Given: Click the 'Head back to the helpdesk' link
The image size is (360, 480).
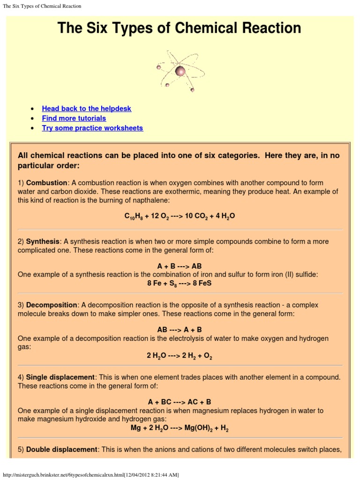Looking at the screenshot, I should (86, 108).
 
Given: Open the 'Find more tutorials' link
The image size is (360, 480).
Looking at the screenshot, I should (74, 118).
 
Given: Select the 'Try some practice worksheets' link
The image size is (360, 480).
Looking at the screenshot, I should (92, 128).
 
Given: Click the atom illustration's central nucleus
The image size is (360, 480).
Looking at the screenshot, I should (180, 71).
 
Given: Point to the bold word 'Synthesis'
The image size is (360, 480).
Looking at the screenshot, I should (43, 241).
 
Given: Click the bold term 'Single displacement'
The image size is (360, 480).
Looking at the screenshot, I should (60, 377).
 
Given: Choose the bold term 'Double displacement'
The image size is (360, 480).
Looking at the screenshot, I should (61, 449).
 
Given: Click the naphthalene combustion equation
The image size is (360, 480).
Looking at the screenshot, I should (180, 216).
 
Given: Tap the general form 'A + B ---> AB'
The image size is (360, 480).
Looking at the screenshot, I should (180, 266).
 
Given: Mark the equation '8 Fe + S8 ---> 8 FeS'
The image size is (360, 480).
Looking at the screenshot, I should (180, 284).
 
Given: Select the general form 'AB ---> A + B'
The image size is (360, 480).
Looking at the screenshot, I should (180, 330).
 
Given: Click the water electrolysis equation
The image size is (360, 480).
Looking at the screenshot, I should (180, 356).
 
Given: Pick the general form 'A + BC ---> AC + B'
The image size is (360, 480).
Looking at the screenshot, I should (180, 402).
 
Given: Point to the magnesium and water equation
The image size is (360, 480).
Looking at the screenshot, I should (180, 428).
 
